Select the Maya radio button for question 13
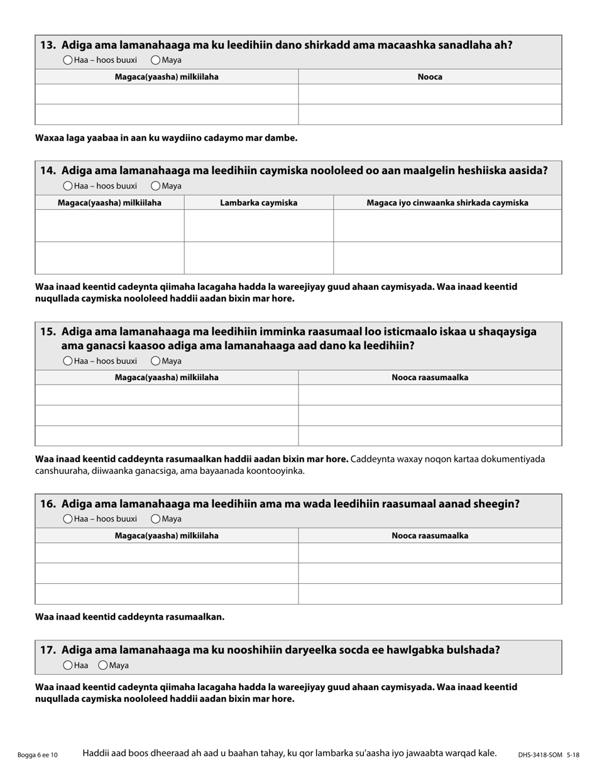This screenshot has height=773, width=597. (155, 60)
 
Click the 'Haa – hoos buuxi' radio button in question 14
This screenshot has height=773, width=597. (68, 186)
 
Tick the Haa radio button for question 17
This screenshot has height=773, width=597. (68, 665)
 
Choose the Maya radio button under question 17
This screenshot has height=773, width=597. (103, 665)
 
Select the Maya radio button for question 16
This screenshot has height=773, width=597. (155, 518)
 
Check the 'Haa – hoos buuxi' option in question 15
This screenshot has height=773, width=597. (68, 361)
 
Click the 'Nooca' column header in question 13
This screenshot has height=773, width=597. (430, 77)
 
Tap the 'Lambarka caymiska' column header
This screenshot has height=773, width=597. (258, 202)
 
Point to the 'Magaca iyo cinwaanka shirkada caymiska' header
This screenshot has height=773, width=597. (447, 202)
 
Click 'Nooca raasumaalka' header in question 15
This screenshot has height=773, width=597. (430, 377)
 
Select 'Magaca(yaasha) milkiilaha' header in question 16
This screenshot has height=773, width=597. (167, 535)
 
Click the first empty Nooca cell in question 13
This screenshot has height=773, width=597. (430, 94)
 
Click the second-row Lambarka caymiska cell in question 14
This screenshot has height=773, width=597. (258, 258)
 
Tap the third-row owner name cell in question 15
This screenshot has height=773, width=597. (167, 436)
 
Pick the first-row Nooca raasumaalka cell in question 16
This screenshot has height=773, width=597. (430, 552)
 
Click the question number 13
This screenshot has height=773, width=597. (48, 45)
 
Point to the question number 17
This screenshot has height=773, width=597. (48, 650)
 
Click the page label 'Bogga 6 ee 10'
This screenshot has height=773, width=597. (38, 755)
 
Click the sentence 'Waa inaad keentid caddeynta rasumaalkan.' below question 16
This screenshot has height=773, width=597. (129, 617)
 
